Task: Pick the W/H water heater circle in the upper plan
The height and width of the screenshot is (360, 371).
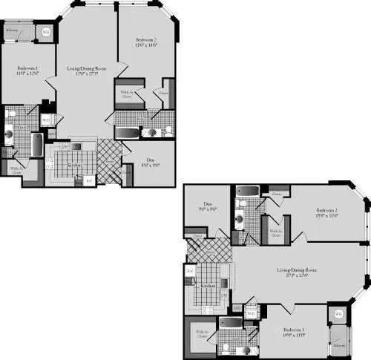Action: click(x=46, y=32)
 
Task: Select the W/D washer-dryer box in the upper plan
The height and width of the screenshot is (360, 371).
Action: click(x=46, y=120)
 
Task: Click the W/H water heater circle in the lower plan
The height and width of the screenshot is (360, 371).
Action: click(x=338, y=315)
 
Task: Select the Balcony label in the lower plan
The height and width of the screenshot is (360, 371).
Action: click(x=338, y=346)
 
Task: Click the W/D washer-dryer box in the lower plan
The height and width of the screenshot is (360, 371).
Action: click(x=250, y=312)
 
